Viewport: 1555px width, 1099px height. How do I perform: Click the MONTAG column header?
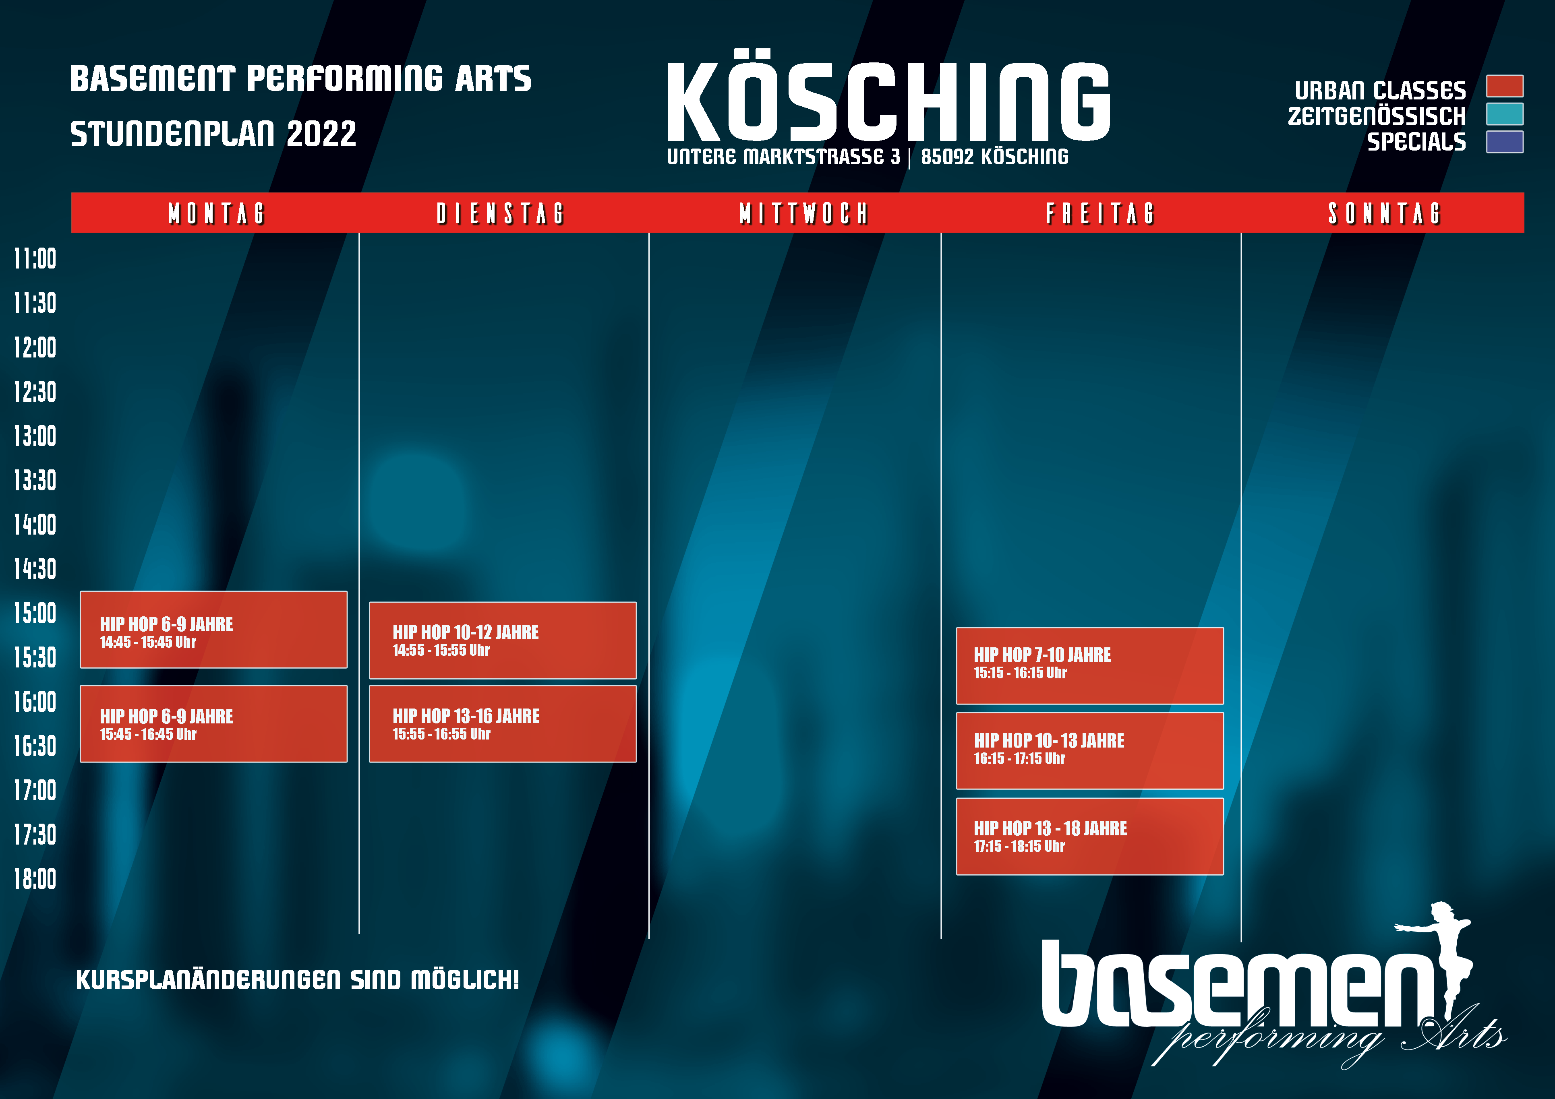pyautogui.click(x=216, y=213)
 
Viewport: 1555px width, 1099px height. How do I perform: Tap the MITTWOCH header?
pyautogui.click(x=803, y=213)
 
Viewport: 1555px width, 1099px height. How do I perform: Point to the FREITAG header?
pyautogui.click(x=1100, y=213)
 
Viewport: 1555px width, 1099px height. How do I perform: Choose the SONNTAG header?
pyautogui.click(x=1384, y=213)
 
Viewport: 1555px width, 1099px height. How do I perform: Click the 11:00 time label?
pyautogui.click(x=35, y=259)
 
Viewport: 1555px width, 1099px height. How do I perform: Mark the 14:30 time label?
pyautogui.click(x=35, y=569)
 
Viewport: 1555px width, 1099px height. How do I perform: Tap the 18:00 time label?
pyautogui.click(x=35, y=879)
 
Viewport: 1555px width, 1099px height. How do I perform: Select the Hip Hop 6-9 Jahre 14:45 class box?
pyautogui.click(x=213, y=630)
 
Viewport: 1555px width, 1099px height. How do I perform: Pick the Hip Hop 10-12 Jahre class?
pyautogui.click(x=503, y=640)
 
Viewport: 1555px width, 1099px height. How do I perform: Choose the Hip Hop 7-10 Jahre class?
pyautogui.click(x=1090, y=665)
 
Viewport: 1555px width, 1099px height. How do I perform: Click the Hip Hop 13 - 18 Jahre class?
pyautogui.click(x=1090, y=836)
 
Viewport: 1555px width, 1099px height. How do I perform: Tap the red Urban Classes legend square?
pyautogui.click(x=1505, y=86)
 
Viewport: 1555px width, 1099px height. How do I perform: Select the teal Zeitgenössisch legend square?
pyautogui.click(x=1505, y=114)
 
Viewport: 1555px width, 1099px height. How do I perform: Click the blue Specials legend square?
pyautogui.click(x=1505, y=142)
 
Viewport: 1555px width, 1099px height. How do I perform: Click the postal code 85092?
pyautogui.click(x=947, y=157)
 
